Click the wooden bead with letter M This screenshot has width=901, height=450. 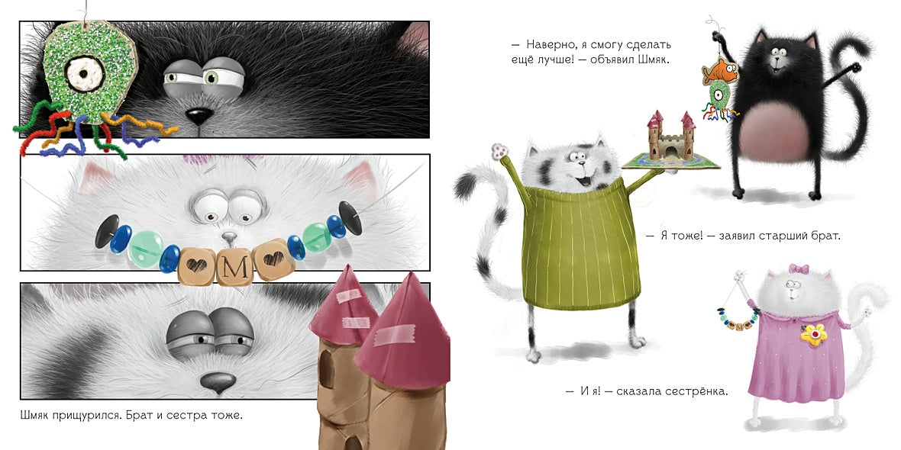pos(234,266)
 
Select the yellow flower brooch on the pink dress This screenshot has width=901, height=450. pos(812,334)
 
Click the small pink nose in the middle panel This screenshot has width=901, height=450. pos(229,236)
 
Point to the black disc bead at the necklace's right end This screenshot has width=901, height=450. pos(350,218)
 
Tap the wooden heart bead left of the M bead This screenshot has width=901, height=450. pos(196,265)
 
